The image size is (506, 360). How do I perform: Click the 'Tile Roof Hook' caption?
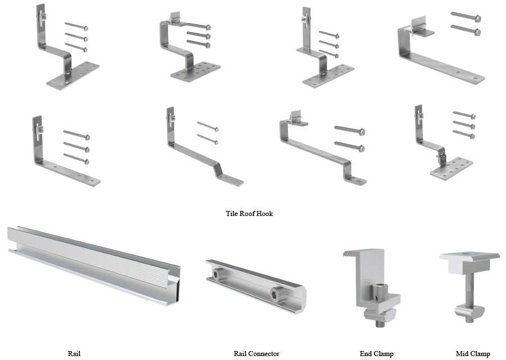click(249, 214)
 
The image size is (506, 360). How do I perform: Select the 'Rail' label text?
click(74, 354)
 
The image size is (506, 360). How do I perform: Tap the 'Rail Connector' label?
click(256, 354)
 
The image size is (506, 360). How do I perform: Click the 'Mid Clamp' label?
click(473, 354)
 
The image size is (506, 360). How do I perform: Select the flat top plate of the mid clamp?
click(469, 259)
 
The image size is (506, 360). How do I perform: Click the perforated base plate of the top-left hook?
click(73, 75)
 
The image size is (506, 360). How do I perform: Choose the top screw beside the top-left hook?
click(75, 25)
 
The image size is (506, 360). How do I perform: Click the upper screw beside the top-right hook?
click(466, 17)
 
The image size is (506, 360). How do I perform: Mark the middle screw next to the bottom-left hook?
click(76, 147)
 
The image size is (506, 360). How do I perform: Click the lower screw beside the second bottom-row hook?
click(207, 139)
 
